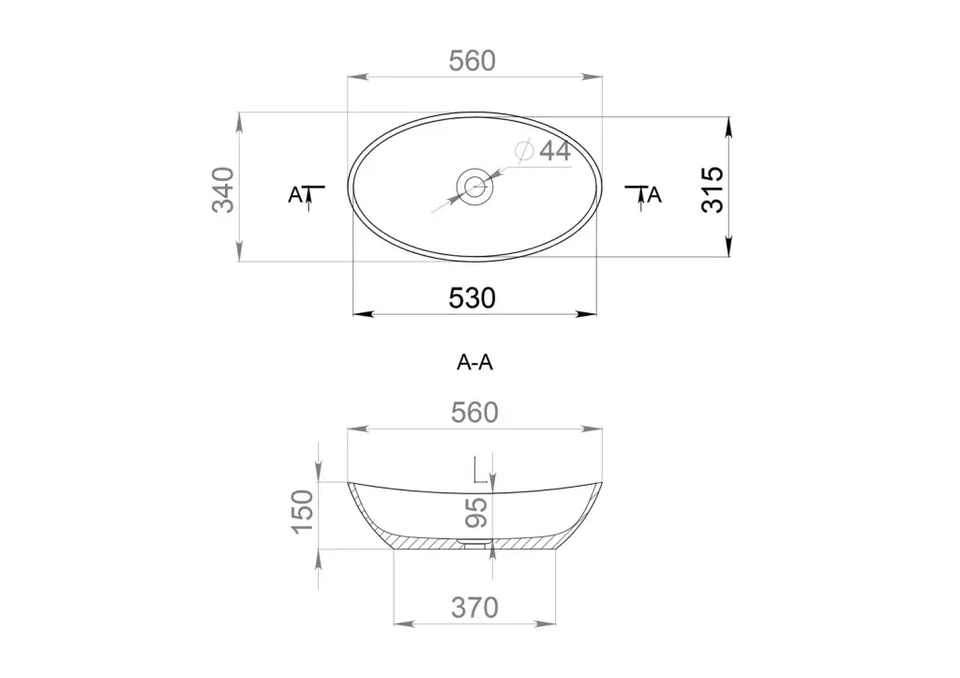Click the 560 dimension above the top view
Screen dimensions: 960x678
point(472,61)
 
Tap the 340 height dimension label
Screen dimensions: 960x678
point(223,189)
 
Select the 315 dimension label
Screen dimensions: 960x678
point(712,189)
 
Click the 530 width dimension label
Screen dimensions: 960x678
point(472,298)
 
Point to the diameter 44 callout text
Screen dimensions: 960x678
point(543,151)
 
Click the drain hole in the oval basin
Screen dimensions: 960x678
point(474,186)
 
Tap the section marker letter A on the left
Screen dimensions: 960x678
point(295,195)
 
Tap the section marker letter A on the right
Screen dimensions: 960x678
point(654,195)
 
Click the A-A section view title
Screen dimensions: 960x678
point(474,363)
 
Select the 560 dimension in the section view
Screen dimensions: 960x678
point(474,413)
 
